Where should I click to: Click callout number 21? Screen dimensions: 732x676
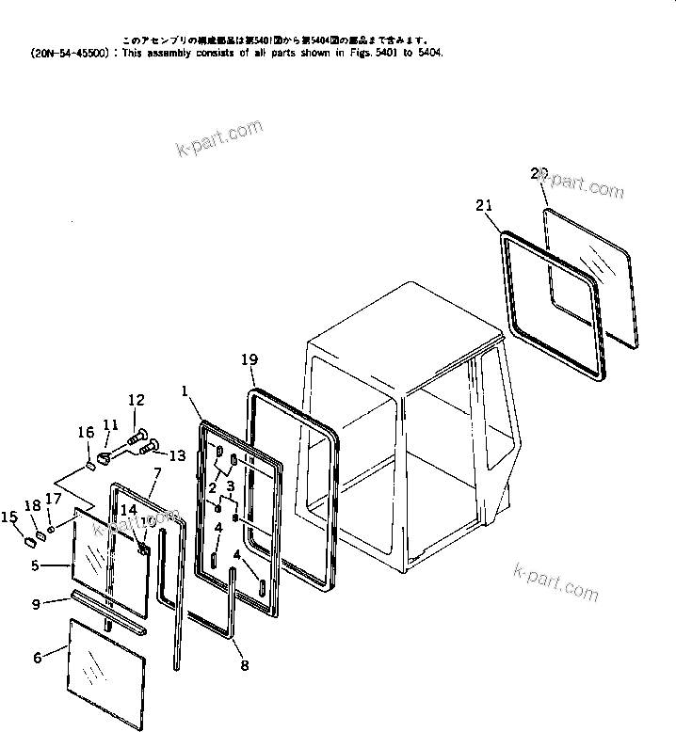pos(484,206)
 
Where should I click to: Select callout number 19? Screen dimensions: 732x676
pos(249,359)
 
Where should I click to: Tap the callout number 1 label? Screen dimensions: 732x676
pos(185,390)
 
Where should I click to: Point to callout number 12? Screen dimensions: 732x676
pos(137,399)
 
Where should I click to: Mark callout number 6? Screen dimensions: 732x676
pos(38,658)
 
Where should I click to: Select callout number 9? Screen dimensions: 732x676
pos(37,605)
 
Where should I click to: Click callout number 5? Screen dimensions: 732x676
pos(36,566)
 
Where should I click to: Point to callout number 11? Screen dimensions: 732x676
pos(111,424)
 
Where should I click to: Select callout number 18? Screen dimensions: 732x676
pos(32,506)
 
